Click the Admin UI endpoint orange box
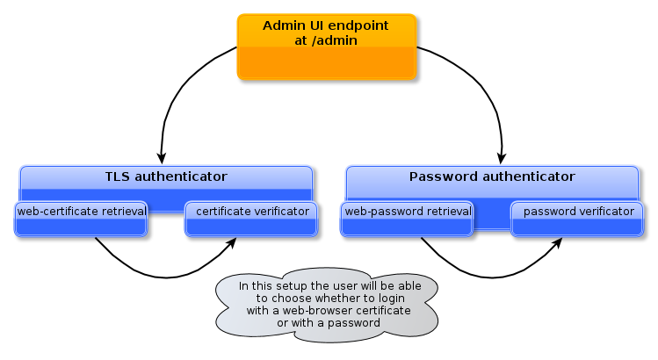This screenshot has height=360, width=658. click(327, 47)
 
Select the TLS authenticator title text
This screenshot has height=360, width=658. click(166, 176)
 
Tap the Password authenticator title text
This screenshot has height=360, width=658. click(492, 176)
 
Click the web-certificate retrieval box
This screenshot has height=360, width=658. click(81, 220)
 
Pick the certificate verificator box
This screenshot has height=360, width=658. click(251, 220)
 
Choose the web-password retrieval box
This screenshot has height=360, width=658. click(408, 220)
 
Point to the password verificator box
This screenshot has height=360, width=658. click(577, 220)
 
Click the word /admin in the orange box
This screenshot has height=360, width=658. click(338, 40)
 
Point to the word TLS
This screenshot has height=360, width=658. click(118, 176)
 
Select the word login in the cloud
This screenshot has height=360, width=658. click(405, 299)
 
